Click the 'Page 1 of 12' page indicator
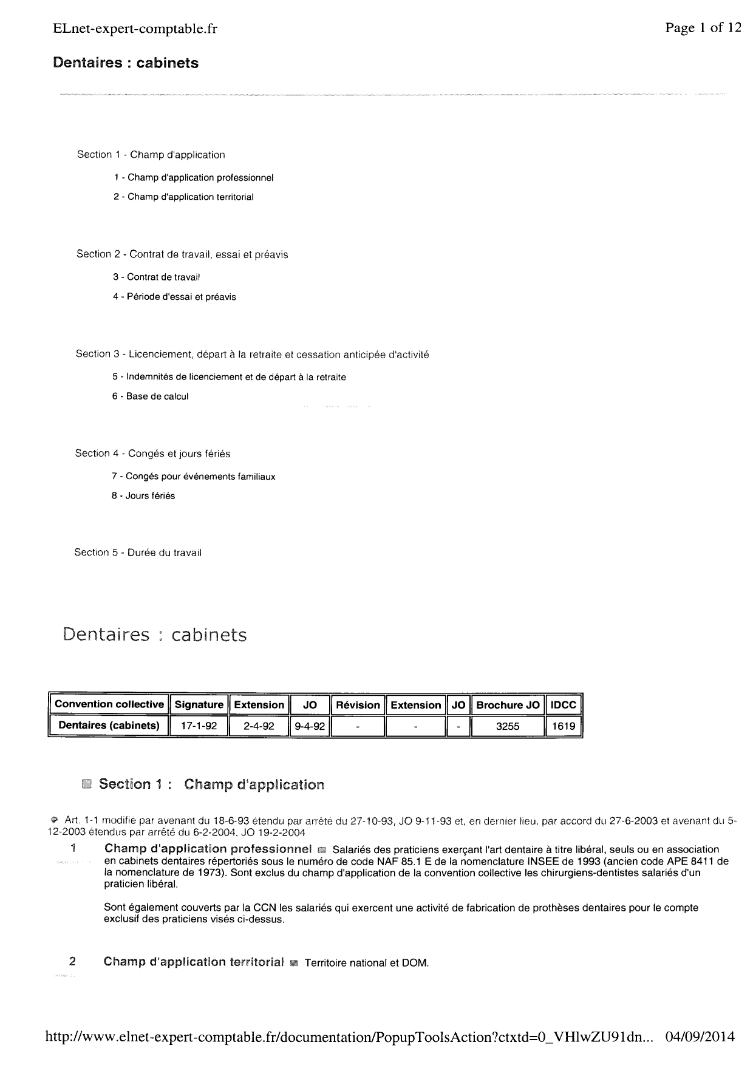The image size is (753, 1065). pos(703,27)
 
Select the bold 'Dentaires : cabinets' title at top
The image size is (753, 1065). pos(126,63)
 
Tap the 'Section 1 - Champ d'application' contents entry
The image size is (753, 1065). pos(151,155)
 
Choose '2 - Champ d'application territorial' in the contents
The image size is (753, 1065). pos(183,197)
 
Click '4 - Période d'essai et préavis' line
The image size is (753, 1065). pos(174,297)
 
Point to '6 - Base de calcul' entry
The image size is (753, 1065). pos(150,396)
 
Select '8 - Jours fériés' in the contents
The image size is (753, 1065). pos(143,496)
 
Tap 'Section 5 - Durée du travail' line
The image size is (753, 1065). pos(138,553)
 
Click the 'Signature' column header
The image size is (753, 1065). pos(199,704)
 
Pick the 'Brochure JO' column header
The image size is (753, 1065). pos(508,704)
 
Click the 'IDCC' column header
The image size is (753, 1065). pos(564,704)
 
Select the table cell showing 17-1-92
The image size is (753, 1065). pos(199,726)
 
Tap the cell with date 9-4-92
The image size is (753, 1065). pos(310,726)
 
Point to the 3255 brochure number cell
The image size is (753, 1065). pos(508,726)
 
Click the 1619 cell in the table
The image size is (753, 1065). pos(564,726)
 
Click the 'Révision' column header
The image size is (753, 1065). pos(358,704)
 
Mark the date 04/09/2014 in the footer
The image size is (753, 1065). pos(700,1036)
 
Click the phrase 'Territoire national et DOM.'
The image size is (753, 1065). pos(367,963)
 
